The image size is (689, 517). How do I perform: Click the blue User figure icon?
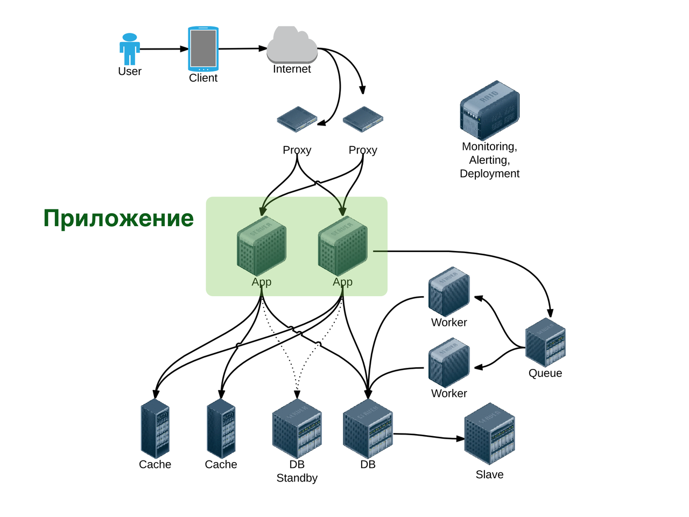130,49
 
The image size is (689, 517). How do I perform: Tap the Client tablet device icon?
203,48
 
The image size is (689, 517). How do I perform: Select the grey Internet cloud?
292,46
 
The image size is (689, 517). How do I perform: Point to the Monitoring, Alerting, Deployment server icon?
489,110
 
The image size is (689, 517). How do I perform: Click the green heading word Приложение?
118,219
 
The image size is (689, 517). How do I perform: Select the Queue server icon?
545,343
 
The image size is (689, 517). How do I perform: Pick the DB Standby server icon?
297,429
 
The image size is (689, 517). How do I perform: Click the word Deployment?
489,173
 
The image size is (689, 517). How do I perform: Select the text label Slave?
489,474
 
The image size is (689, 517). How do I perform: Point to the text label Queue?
545,373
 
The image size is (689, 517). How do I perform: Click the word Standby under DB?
297,478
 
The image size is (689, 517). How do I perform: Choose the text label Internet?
292,69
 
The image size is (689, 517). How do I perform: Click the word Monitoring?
489,146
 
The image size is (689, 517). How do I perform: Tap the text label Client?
203,78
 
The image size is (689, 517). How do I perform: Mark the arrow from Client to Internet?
242,48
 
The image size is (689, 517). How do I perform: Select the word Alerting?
489,160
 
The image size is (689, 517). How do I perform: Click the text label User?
130,72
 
